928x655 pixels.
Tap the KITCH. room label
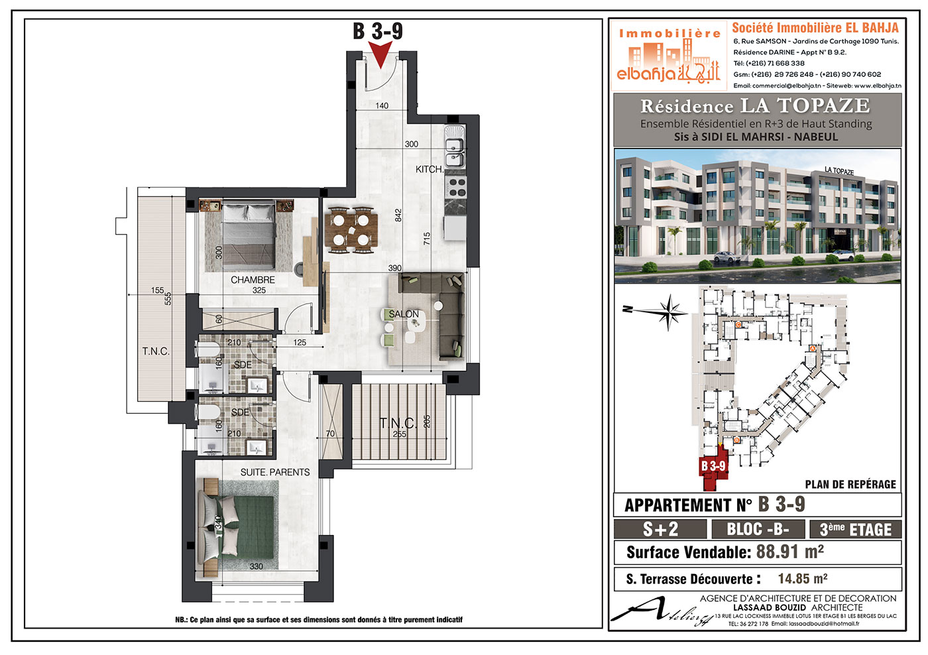(x=430, y=169)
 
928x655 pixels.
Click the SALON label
(x=404, y=314)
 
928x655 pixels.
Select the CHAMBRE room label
(x=253, y=280)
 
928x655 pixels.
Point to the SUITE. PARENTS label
(x=275, y=472)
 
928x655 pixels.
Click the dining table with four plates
(x=351, y=230)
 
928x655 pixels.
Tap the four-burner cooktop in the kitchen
(x=456, y=187)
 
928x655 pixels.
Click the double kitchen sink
(x=455, y=147)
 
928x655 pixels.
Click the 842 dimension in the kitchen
(x=398, y=215)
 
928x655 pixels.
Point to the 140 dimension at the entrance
(x=382, y=105)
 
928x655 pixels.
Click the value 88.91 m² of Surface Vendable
(x=790, y=552)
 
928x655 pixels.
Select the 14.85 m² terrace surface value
(x=803, y=578)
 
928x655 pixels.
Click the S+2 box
(x=660, y=529)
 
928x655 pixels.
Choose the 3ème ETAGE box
(x=856, y=529)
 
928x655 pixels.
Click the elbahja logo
(x=669, y=56)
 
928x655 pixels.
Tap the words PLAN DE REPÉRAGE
(x=850, y=485)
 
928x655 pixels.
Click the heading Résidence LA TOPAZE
(x=755, y=106)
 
